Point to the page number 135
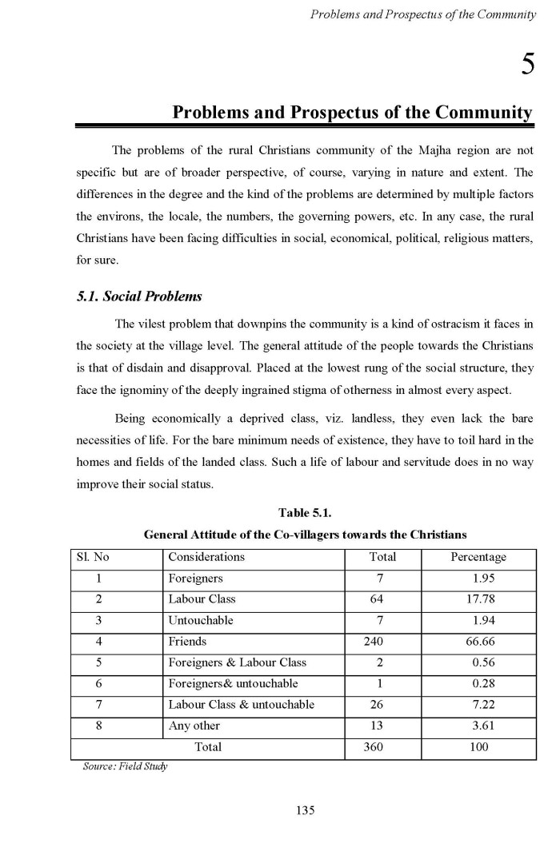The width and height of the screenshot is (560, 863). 305,810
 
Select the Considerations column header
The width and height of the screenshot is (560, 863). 206,558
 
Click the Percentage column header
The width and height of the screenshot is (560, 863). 478,558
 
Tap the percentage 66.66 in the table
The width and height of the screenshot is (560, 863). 479,642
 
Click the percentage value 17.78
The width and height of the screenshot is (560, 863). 479,599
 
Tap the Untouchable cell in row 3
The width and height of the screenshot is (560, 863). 200,620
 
